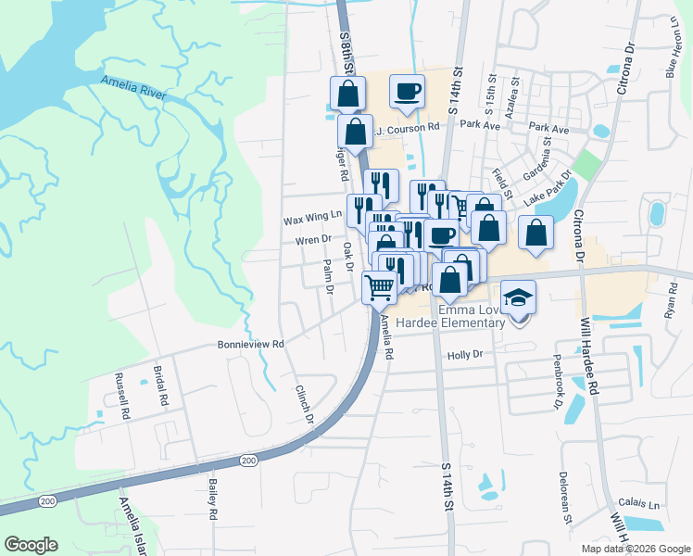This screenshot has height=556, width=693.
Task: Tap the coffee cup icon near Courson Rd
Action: click(408, 91)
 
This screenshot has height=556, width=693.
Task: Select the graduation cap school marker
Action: click(519, 297)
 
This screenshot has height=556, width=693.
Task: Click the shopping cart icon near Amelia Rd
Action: click(378, 288)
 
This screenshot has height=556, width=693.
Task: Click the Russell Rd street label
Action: click(120, 396)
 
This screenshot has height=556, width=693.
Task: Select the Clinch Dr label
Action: click(305, 404)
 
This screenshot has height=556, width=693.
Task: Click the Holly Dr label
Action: click(465, 354)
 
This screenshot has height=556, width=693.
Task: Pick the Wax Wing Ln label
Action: click(312, 219)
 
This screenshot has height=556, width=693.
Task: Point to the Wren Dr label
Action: click(313, 239)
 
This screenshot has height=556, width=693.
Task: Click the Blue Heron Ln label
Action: click(673, 46)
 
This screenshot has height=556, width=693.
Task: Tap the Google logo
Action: click(31, 545)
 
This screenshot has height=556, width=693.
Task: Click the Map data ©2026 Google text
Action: click(636, 549)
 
